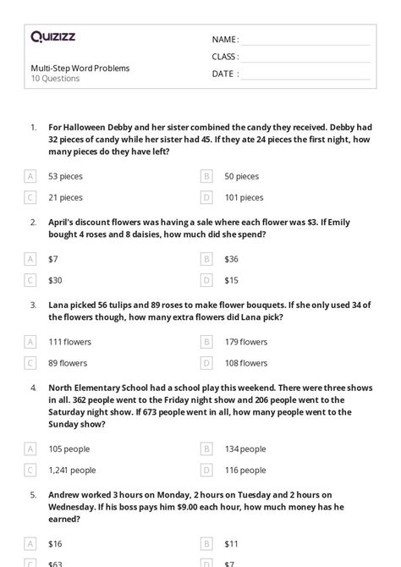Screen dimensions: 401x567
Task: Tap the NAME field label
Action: (224, 39)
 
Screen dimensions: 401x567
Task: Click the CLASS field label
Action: (224, 57)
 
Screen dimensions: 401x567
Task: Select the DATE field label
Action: (223, 74)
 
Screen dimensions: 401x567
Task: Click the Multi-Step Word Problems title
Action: (80, 68)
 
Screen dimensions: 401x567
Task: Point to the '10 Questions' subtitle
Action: (55, 79)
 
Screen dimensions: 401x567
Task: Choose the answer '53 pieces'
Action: (65, 176)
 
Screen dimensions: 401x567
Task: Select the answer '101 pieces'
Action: (244, 197)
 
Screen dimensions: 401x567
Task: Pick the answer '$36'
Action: (231, 259)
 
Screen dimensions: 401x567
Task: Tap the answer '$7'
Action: (53, 259)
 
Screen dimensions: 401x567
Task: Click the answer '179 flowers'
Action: (245, 342)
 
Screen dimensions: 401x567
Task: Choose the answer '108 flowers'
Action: (245, 363)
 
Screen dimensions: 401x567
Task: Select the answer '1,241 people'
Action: (72, 470)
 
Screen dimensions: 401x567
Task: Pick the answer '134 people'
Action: (245, 449)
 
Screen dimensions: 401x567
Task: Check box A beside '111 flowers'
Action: (30, 342)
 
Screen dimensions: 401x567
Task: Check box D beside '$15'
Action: (206, 280)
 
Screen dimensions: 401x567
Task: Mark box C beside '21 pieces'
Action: (30, 197)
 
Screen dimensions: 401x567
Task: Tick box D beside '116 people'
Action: (206, 470)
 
